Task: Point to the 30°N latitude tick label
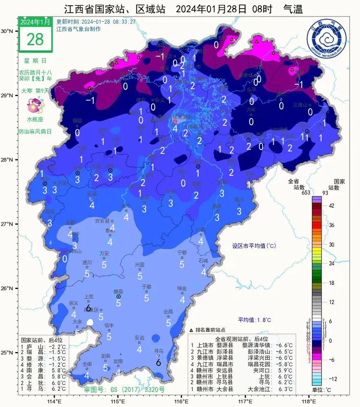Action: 7,31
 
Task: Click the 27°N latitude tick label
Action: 7,224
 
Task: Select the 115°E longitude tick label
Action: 118,401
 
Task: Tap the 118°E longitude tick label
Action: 307,401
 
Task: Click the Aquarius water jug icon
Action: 34,106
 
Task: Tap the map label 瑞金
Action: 181,288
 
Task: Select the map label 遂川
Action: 87,262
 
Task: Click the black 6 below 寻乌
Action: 158,362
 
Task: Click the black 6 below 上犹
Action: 88,308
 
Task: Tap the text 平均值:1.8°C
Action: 255,320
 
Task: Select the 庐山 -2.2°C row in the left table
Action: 42,347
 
